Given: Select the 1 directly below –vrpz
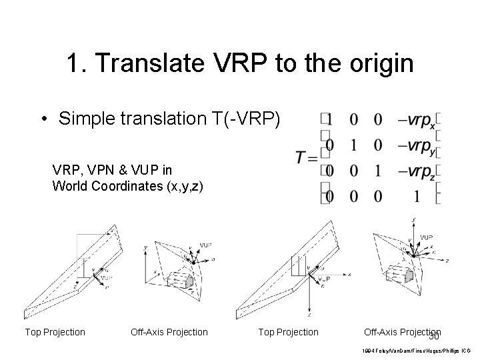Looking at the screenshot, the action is (417, 197).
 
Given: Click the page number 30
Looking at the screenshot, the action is (434, 339).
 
